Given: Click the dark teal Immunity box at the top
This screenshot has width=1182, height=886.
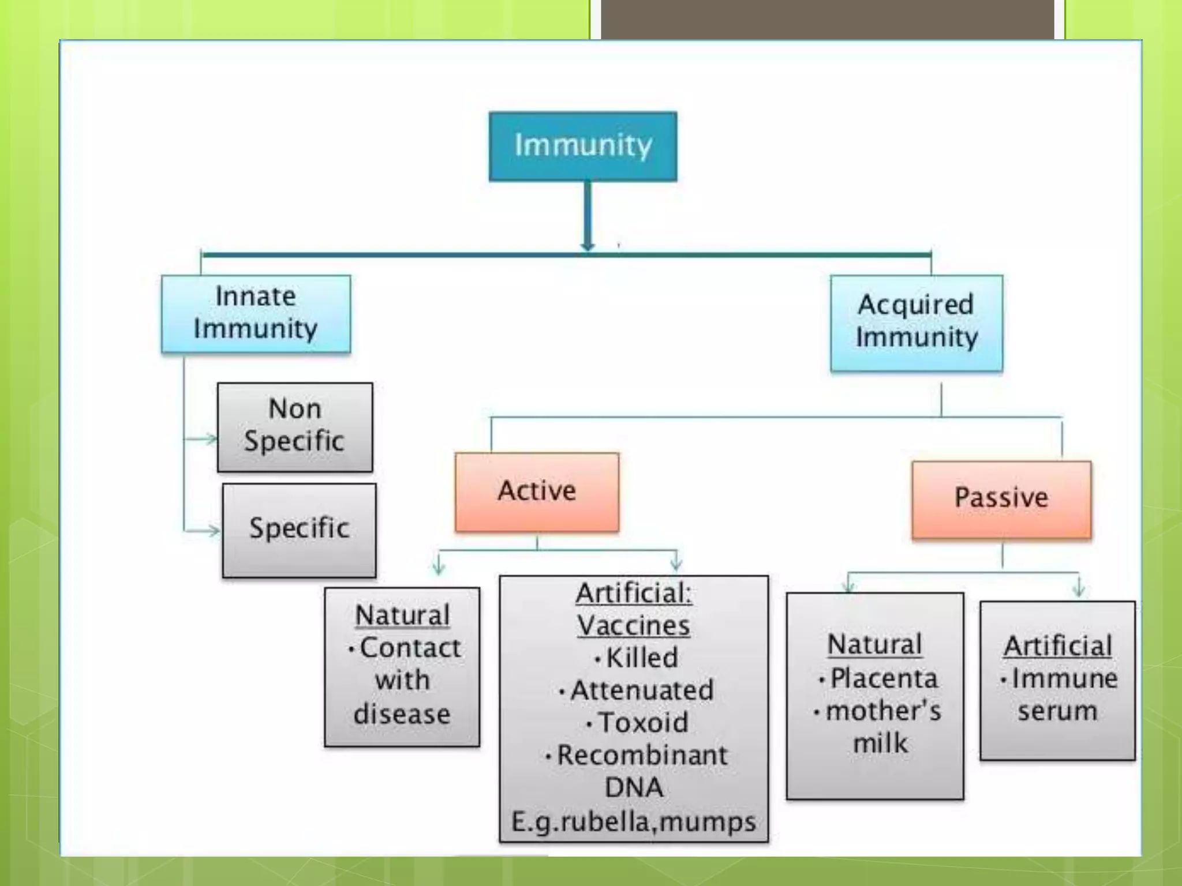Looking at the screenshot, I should tap(583, 147).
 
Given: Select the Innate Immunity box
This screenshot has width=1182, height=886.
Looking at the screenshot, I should tap(256, 313).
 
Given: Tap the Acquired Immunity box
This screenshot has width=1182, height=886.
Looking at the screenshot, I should tap(917, 322).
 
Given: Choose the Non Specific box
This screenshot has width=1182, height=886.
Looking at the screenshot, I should tap(295, 427).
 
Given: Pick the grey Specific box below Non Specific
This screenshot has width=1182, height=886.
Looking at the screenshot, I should tap(299, 530).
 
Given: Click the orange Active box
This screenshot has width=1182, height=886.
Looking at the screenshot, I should tap(537, 491).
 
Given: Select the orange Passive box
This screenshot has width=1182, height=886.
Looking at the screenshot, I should tap(1001, 498).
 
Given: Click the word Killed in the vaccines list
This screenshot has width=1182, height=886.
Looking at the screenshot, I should tap(641, 658).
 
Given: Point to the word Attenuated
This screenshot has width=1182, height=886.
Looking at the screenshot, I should tap(641, 690).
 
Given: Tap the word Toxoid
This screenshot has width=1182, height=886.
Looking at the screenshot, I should tap(642, 723).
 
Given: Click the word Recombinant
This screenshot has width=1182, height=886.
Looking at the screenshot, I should tap(642, 756).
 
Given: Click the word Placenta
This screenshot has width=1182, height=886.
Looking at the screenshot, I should tap(883, 678).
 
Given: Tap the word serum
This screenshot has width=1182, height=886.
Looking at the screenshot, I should tap(1057, 711).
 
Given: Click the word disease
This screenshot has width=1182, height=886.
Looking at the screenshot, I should tap(402, 714).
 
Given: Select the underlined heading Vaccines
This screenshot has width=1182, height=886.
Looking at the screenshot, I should tap(634, 626).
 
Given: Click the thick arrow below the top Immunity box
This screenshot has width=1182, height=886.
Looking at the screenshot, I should tap(588, 216).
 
